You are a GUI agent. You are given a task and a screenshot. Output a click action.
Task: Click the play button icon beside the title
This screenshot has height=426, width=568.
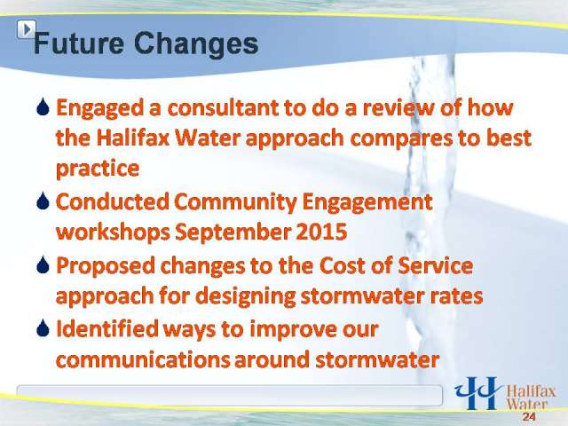pyautogui.click(x=27, y=29)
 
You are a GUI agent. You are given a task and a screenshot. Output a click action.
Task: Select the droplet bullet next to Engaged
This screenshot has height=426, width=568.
pyautogui.click(x=43, y=107)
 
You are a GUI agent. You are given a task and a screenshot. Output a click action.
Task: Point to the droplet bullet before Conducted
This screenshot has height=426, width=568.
pyautogui.click(x=43, y=201)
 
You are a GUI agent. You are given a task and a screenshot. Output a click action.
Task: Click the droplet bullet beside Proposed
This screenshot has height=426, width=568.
pyautogui.click(x=43, y=265)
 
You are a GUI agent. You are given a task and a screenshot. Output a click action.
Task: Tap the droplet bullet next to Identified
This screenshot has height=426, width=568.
pyautogui.click(x=43, y=328)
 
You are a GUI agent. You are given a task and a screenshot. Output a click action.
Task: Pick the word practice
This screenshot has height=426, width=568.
pyautogui.click(x=98, y=169)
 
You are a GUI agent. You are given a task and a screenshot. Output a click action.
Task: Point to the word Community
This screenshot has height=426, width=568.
pyautogui.click(x=235, y=202)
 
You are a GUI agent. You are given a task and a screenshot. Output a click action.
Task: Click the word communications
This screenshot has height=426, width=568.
pyautogui.click(x=143, y=359)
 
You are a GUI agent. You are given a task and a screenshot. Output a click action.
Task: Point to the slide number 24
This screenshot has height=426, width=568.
pyautogui.click(x=529, y=416)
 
